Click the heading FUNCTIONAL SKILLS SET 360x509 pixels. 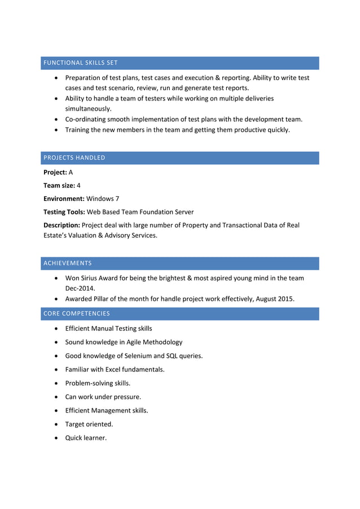[80, 63]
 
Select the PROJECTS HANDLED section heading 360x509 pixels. [74, 157]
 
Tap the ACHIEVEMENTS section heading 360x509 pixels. [67, 263]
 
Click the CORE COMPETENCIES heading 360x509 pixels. [76, 313]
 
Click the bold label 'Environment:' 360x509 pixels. [64, 199]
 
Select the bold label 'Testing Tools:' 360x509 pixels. [64, 212]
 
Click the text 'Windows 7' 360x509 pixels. [103, 199]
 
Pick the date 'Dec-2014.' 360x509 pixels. [81, 288]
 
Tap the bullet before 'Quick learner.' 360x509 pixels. [56, 438]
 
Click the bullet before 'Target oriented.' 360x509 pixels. [56, 424]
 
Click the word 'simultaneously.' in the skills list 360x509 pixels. [88, 108]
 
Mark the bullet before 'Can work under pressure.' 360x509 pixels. [56, 397]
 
